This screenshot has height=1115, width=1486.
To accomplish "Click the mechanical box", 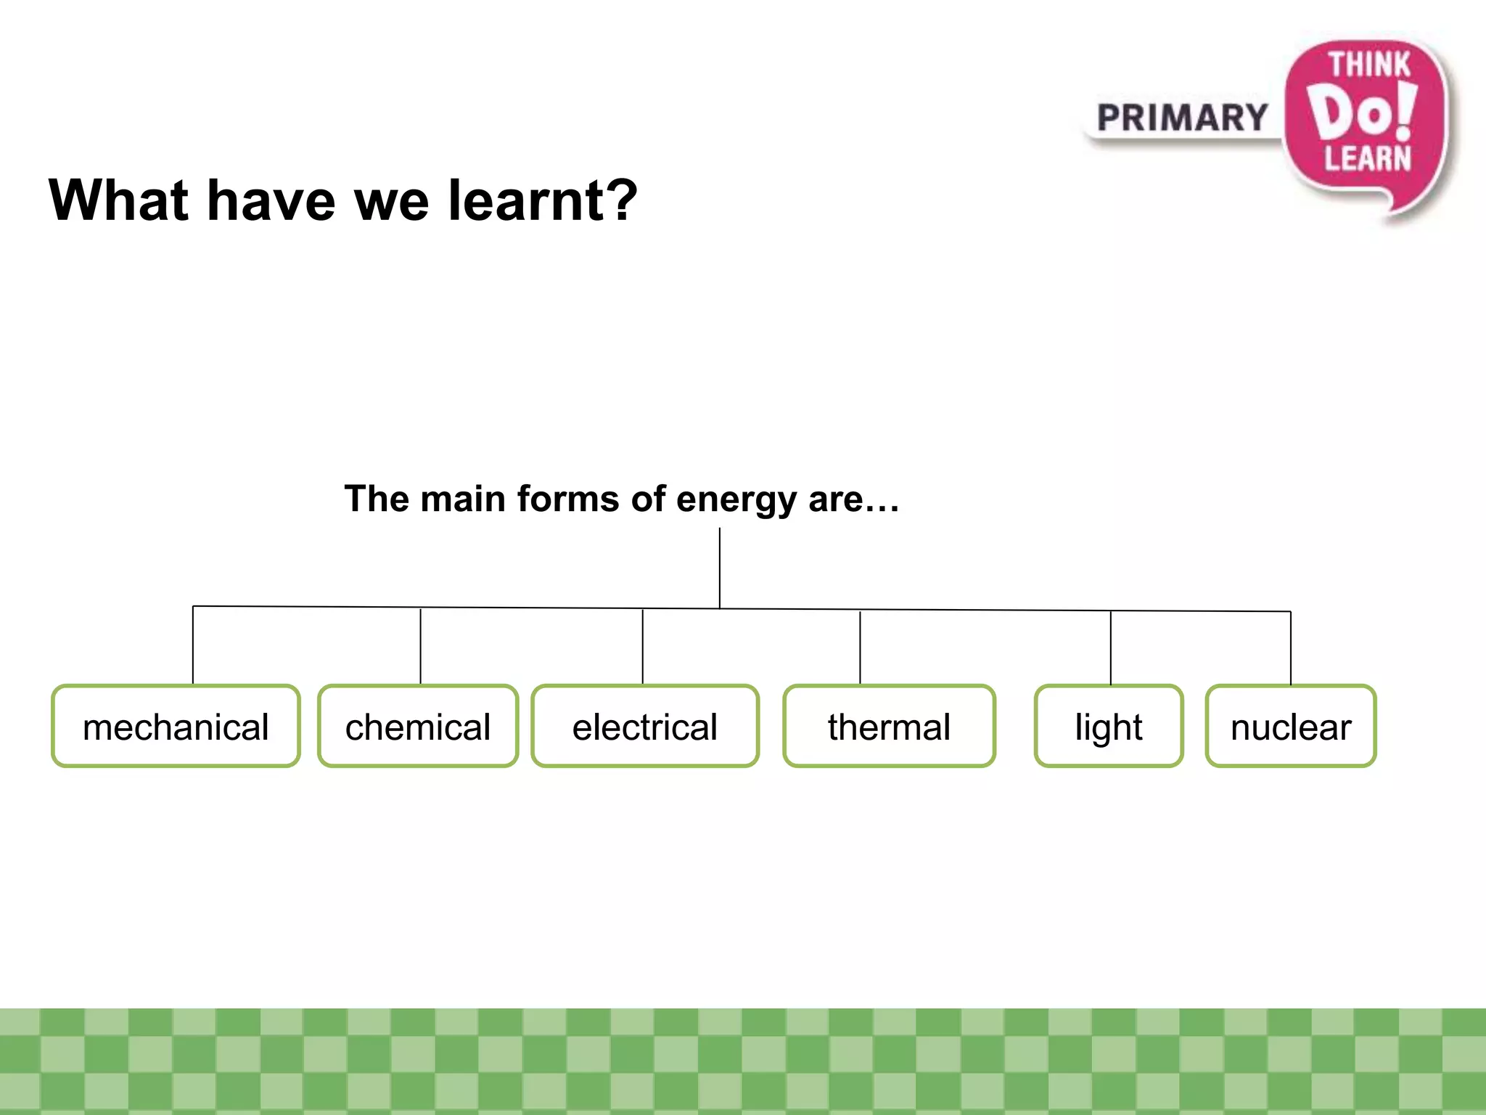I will coord(176,726).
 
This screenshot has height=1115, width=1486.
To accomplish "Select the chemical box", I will coord(418,726).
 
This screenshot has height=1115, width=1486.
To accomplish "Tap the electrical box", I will coord(645,726).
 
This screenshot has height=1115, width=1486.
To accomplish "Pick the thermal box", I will coord(889,726).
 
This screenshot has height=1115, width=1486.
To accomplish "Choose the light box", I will coord(1109,726).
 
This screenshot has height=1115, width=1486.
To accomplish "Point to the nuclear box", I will coord(1291,726).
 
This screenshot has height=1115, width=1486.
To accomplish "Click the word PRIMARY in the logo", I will coord(1182,118).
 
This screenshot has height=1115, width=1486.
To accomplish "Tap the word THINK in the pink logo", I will coord(1369,65).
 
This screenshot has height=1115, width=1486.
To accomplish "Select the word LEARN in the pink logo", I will coord(1368,158).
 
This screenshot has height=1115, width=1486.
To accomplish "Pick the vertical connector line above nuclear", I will coord(1291,648).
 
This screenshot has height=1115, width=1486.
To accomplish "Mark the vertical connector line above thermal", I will coord(860,647).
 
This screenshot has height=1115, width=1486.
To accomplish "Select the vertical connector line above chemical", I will coord(421,645).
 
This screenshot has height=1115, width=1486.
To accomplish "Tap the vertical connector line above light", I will coord(1111,648).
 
